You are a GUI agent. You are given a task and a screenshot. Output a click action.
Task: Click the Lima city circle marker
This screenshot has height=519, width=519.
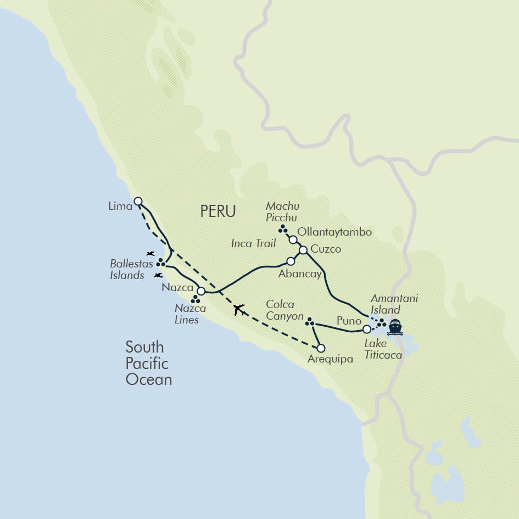click(138, 201)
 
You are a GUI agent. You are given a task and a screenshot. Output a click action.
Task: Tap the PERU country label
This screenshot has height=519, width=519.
click(218, 211)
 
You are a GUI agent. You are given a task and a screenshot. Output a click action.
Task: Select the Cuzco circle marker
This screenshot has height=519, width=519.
click(303, 250)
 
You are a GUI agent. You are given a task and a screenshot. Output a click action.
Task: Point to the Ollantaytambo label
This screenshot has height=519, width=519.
click(334, 232)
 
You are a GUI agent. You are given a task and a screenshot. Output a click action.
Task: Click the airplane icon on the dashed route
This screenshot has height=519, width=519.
click(239, 310)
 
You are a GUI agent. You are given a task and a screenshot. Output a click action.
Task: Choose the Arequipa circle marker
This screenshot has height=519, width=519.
click(321, 348)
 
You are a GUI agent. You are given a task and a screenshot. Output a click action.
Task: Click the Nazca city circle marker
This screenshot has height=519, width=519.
click(201, 291)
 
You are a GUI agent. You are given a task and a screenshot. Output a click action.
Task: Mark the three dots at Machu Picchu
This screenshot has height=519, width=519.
click(282, 228)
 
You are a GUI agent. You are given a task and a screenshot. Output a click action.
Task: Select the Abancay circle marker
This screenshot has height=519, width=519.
click(291, 261)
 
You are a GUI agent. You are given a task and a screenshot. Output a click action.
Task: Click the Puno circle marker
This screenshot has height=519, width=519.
click(367, 330)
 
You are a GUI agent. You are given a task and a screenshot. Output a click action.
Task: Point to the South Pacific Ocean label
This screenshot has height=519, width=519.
click(148, 363)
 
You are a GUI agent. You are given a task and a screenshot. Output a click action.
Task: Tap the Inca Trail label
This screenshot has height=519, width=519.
click(253, 243)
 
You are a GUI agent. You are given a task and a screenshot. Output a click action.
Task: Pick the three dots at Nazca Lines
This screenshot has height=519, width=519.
click(194, 300)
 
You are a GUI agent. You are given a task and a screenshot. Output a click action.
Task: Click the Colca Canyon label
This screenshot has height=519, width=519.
click(284, 310)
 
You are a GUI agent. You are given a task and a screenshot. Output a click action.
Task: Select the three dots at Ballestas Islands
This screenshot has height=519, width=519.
click(161, 263)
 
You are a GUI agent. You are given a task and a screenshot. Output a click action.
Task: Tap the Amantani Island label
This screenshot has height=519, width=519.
click(394, 304)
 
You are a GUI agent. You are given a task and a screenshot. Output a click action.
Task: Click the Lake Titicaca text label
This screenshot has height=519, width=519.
click(383, 349)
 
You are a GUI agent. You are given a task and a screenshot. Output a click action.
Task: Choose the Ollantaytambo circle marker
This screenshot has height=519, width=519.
click(293, 239)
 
